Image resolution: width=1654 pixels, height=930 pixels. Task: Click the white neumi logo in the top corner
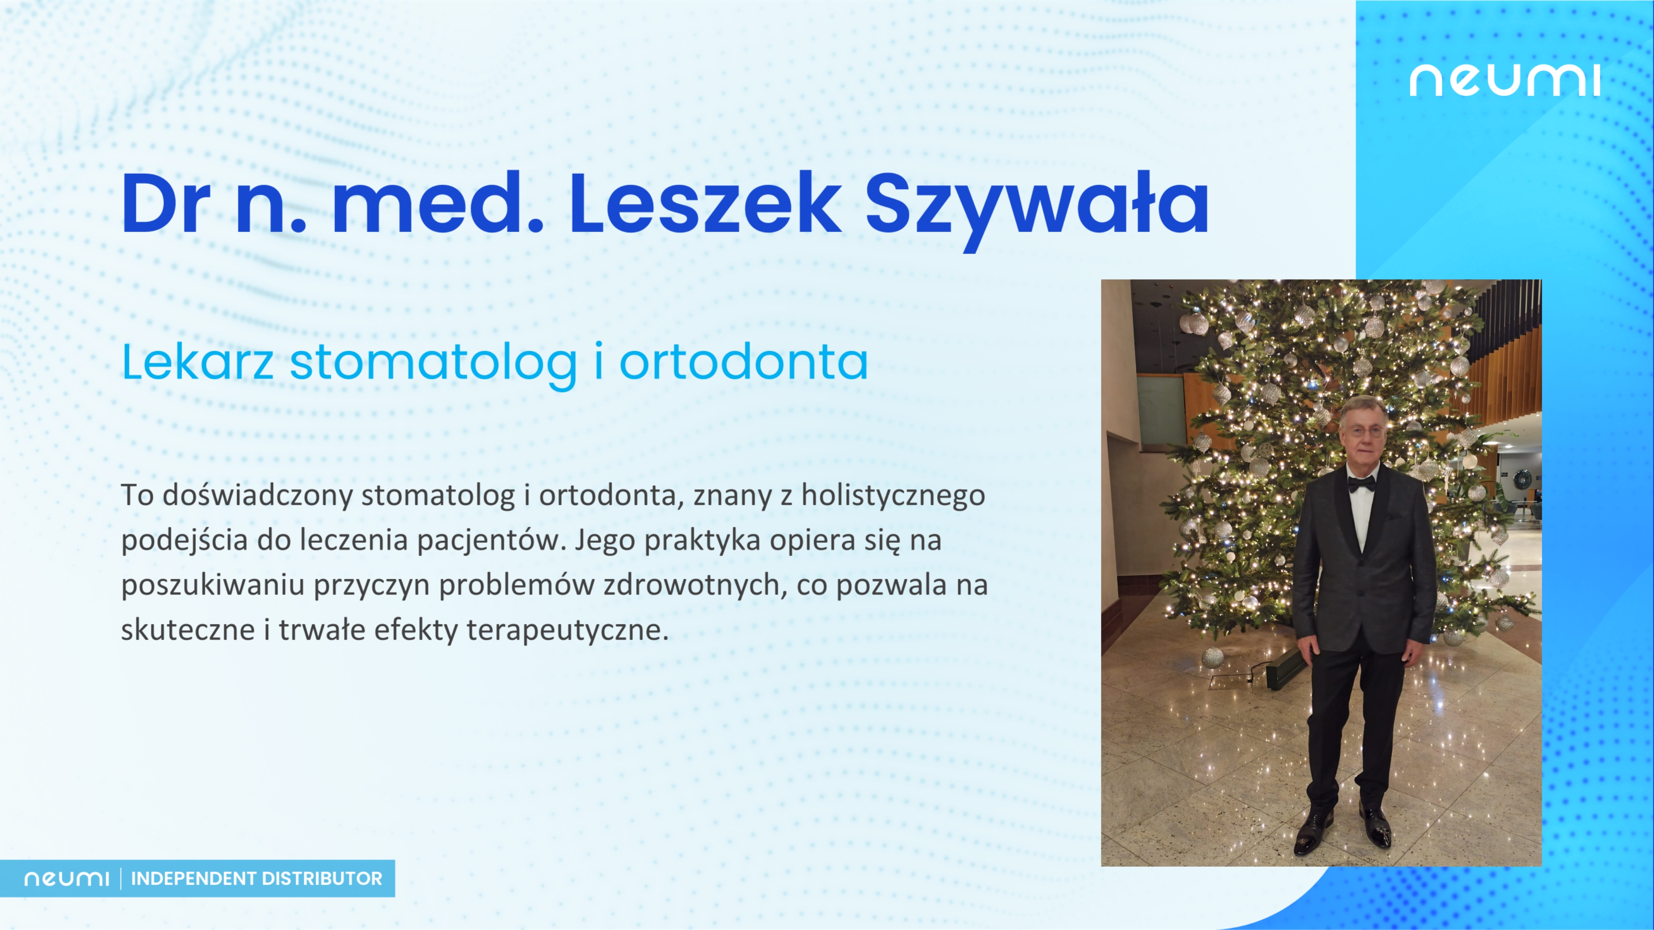click(1504, 80)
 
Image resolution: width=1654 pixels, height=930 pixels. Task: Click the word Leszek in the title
click(705, 203)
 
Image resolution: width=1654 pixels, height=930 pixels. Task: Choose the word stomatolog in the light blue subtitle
click(433, 366)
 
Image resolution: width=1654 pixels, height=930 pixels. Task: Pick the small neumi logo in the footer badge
click(67, 879)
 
